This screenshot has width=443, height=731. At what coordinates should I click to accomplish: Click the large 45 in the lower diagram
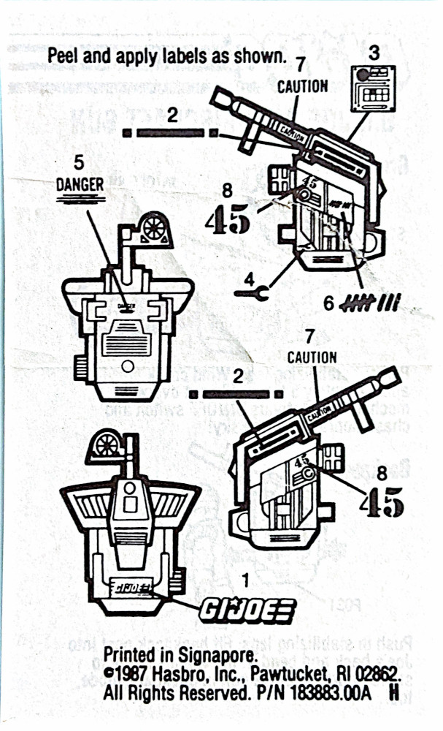pos(383,501)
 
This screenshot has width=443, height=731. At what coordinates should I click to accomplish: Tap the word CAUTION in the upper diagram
pos(302,86)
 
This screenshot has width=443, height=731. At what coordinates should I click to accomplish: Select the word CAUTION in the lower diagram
pos(312,357)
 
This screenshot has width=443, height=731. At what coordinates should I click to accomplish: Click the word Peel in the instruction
pos(62,55)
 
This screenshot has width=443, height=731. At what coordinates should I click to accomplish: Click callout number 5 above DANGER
pos(80,163)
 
